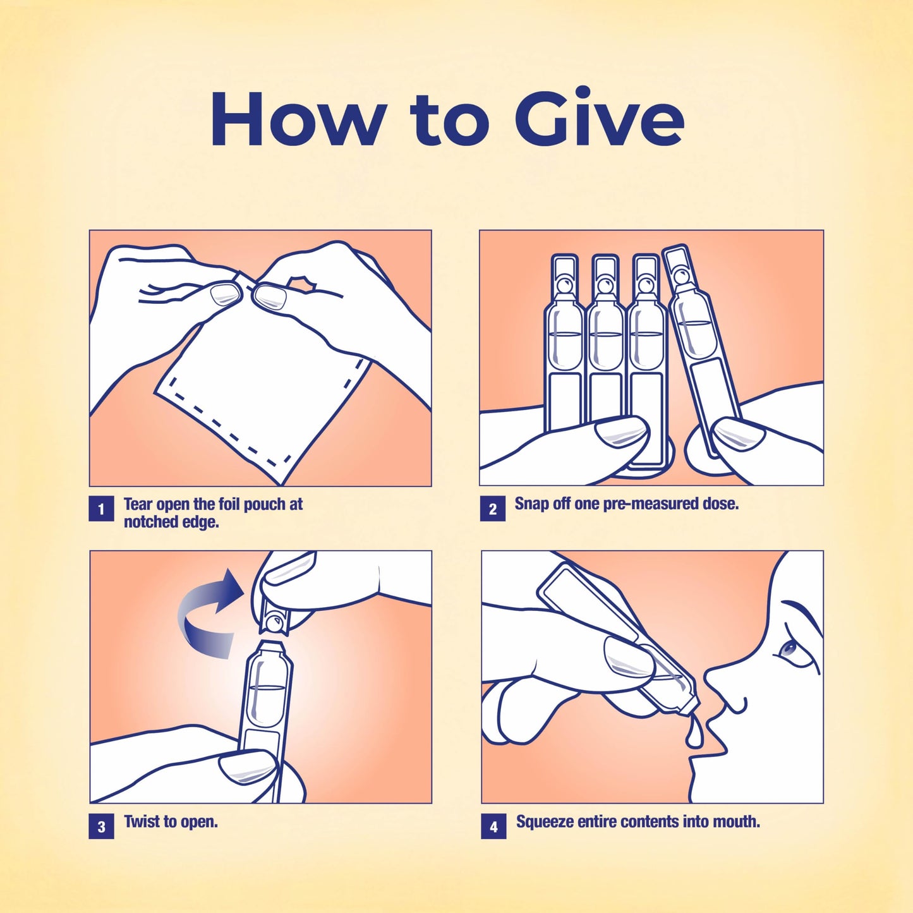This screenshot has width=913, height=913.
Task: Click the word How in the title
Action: pyautogui.click(x=297, y=119)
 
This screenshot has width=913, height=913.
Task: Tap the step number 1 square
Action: pyautogui.click(x=101, y=509)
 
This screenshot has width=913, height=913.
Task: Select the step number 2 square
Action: pyautogui.click(x=493, y=509)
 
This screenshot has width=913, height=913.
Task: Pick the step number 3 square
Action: pyautogui.click(x=101, y=826)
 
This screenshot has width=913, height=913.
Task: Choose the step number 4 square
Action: pyautogui.click(x=493, y=826)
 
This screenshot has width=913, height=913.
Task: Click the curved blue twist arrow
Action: pyautogui.click(x=199, y=616)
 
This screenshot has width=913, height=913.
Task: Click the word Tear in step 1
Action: pyautogui.click(x=138, y=504)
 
